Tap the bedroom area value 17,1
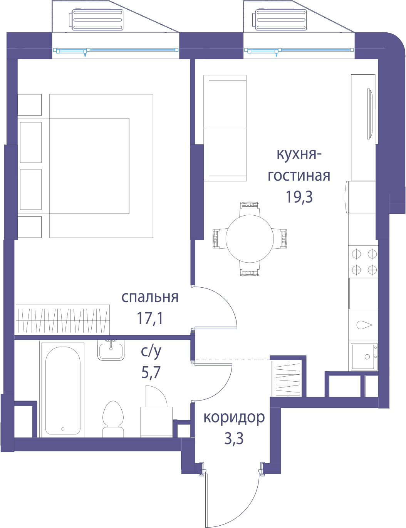150,318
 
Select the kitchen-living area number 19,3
299,196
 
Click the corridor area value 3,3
234,438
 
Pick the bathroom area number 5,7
151,372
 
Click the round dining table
250,239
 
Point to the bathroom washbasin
111,350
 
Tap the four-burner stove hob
363,262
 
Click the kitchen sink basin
364,356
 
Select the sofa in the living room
225,128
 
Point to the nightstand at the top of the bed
29,105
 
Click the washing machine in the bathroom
156,422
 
